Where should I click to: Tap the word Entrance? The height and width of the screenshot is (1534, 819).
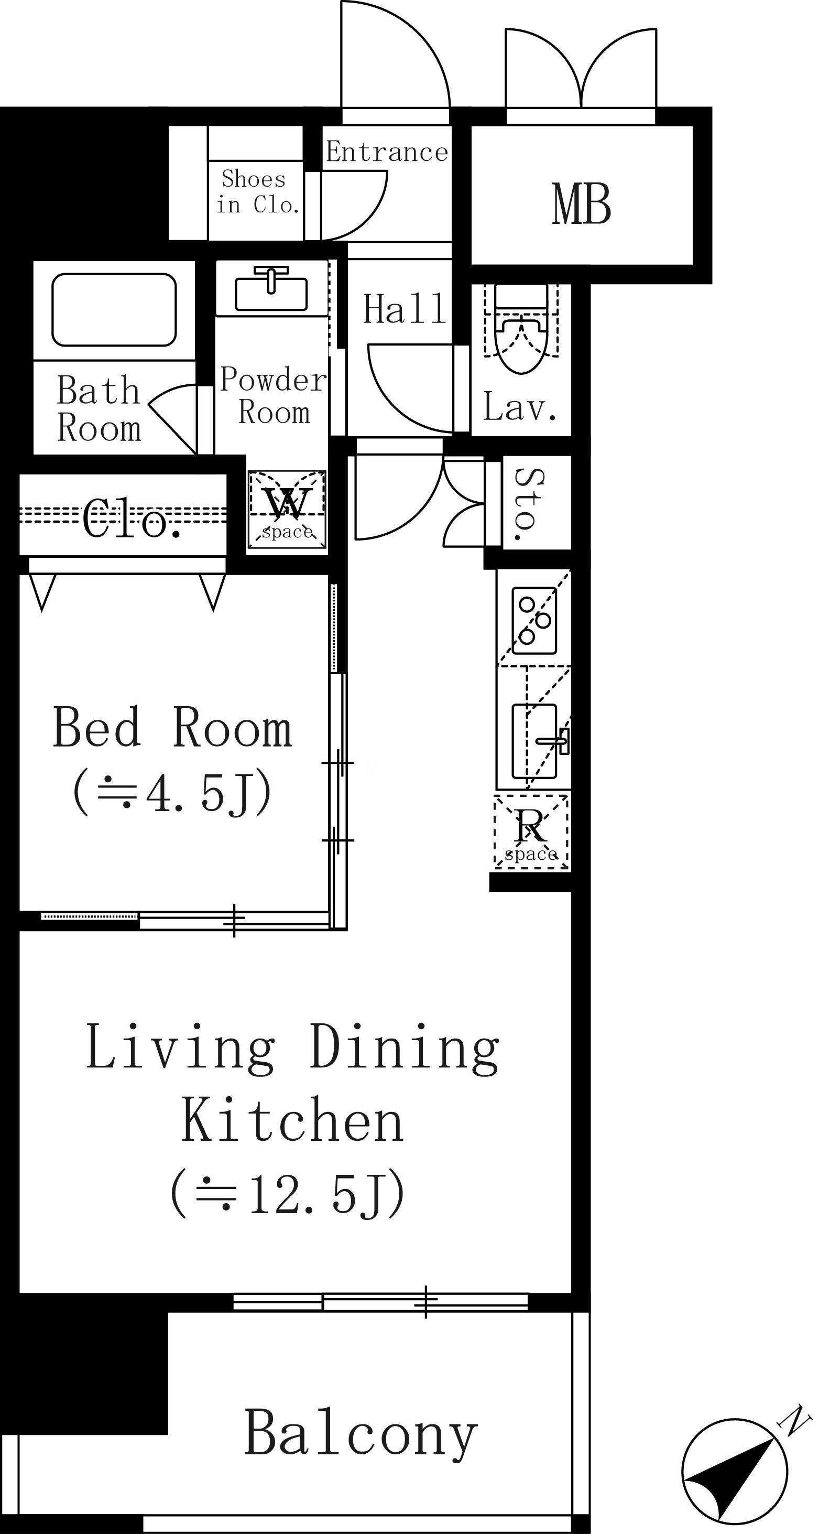387,153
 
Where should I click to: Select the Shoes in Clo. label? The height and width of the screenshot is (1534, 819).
257,192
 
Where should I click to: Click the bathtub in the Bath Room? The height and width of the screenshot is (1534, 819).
114,310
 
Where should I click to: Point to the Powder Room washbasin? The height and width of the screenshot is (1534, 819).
272,289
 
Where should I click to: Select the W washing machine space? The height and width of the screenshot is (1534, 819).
288,510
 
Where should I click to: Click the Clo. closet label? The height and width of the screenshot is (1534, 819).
132,518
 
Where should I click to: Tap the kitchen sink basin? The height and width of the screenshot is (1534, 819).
534,741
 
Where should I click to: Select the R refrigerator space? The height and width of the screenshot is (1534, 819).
531,831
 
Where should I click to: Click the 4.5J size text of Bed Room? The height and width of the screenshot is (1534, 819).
172,793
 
